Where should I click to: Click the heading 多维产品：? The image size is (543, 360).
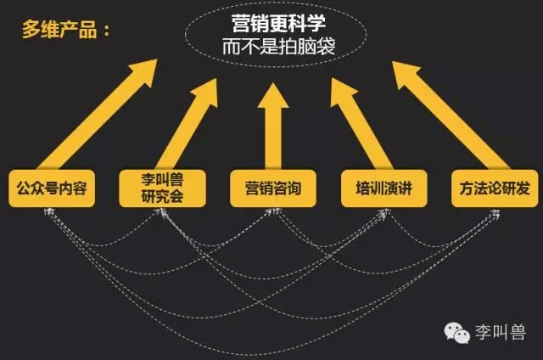(66, 29)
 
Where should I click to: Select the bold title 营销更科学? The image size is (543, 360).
(278, 23)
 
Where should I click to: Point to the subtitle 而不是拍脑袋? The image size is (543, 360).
(279, 46)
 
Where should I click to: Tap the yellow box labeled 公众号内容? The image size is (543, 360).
(52, 188)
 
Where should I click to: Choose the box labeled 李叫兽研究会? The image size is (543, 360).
(162, 188)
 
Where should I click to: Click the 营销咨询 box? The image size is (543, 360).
(273, 188)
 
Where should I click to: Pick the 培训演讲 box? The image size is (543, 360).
(384, 188)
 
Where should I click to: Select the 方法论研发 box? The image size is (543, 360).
(495, 188)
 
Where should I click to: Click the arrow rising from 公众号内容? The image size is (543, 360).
(98, 115)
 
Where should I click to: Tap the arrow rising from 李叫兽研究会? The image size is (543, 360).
(187, 124)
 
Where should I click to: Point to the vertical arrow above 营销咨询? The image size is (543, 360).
(273, 127)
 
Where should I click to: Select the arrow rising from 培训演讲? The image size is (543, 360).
(361, 124)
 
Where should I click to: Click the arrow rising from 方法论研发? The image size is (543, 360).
(451, 115)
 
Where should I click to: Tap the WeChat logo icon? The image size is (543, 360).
(456, 333)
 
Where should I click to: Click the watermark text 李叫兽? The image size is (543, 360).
(501, 332)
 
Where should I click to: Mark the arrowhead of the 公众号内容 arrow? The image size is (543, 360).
(145, 71)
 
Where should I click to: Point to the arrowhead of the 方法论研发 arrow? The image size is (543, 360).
(406, 73)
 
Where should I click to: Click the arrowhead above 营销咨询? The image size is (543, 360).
(273, 96)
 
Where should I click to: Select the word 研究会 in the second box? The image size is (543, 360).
(162, 197)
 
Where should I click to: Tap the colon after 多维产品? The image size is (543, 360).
(106, 31)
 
